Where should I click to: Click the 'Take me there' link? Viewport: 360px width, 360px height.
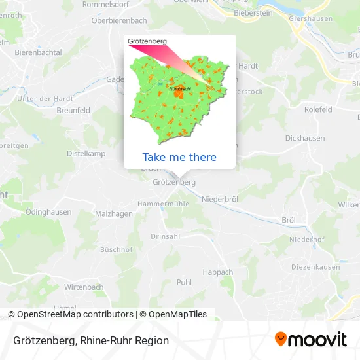pos(179,157)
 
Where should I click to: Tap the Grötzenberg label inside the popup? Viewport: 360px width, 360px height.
pos(147,41)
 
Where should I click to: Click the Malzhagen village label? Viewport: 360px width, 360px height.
pos(114,213)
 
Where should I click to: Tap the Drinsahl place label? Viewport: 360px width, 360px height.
pos(165,236)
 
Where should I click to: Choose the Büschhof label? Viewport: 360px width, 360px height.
pos(117,249)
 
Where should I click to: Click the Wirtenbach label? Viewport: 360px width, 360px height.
pos(84,287)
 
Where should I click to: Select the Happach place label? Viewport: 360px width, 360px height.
pos(218,272)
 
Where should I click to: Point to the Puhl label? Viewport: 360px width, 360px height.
pos(184,282)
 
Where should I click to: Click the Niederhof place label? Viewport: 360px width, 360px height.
pos(306,240)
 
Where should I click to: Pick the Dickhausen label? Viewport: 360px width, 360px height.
pos(305,138)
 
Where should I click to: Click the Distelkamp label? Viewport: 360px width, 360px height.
pos(86,153)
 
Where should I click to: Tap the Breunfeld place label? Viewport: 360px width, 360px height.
pos(73,111)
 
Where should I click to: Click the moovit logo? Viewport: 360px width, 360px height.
pos(311,339)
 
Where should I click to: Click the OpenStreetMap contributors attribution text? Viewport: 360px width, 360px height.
pos(75,314)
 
